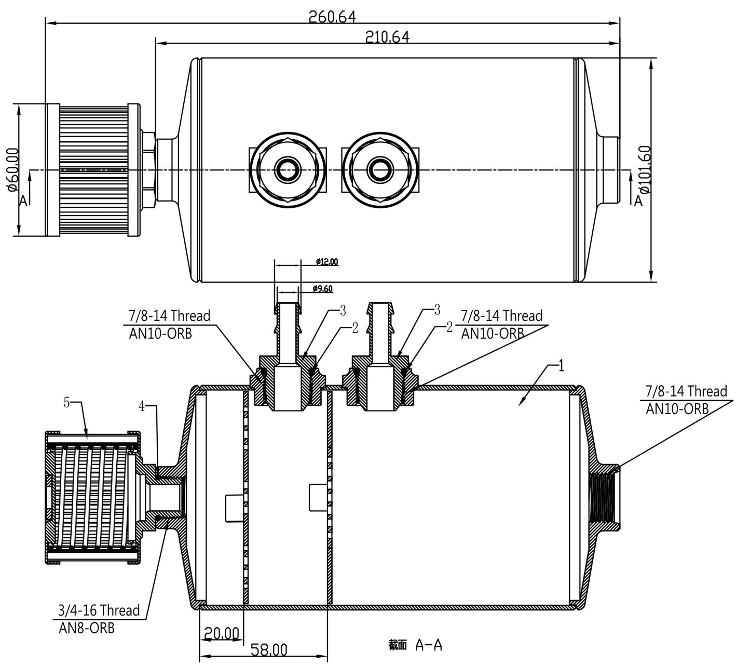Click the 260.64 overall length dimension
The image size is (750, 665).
[x=332, y=17]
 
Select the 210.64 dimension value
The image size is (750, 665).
[x=387, y=37]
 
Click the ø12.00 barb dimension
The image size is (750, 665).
[x=327, y=261]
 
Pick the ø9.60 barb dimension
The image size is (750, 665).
[x=323, y=289]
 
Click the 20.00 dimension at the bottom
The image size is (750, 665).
[x=221, y=633]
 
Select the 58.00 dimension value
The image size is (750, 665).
[x=269, y=650]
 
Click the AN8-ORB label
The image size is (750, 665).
[x=86, y=628]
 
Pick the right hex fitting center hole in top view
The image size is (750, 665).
[x=377, y=168]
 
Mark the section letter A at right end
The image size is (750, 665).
[x=638, y=201]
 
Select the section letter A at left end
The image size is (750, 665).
[x=23, y=201]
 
